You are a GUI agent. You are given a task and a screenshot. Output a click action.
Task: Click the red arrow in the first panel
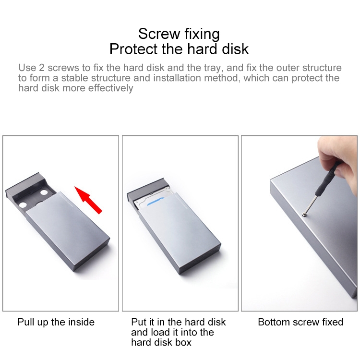pos(88,200)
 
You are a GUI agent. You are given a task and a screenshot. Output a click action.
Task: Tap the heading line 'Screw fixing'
pos(179,34)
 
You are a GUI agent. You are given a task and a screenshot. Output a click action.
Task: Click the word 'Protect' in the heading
pos(134,49)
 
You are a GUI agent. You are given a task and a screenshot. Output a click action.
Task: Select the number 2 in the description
pos(42,68)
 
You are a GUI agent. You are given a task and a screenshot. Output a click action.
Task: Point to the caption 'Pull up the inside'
pos(56,322)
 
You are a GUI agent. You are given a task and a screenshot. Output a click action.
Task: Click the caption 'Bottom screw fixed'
pos(300,322)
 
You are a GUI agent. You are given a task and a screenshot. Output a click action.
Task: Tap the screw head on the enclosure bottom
pos(304,215)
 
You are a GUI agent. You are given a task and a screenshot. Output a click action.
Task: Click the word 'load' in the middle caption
pos(159,332)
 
